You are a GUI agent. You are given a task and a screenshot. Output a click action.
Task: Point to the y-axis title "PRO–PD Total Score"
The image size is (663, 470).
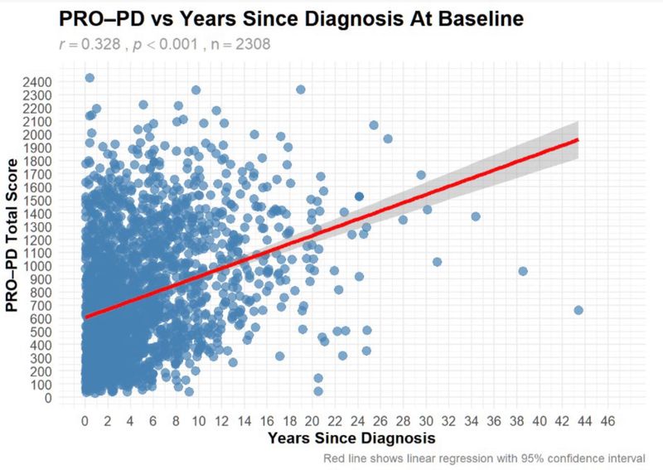click(13, 236)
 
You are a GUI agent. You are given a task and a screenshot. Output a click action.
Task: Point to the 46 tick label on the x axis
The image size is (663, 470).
click(607, 419)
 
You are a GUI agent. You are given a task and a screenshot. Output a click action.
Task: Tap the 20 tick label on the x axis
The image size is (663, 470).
click(312, 419)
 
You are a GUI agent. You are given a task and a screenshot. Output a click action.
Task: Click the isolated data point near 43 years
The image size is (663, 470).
click(578, 310)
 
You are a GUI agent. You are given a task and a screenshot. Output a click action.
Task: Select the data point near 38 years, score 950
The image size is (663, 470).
click(523, 271)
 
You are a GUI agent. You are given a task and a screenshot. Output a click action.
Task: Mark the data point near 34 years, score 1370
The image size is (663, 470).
click(476, 216)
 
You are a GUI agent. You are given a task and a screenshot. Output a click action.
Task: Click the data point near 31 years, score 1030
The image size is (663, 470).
click(437, 261)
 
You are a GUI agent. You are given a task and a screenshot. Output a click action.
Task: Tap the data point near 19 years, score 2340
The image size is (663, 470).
click(300, 90)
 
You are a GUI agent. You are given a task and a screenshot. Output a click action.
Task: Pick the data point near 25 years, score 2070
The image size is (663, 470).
click(374, 125)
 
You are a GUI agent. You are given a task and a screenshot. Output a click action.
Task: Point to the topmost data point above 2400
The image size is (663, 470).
click(90, 78)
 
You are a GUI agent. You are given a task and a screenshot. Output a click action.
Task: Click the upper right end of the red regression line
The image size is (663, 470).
click(577, 140)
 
